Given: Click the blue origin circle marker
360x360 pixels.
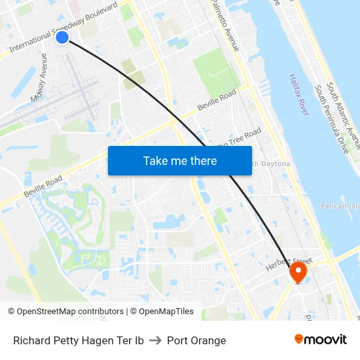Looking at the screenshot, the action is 62,37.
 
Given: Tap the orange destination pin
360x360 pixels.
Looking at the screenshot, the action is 298,271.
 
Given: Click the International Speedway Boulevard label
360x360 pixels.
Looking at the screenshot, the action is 63,27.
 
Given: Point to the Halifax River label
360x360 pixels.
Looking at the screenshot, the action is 298,95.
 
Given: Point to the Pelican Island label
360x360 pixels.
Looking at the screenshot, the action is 340,206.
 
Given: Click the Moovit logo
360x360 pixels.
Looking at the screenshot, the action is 320,340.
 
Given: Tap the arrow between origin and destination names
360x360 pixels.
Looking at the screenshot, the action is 155,340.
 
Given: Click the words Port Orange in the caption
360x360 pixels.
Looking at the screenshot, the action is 196,340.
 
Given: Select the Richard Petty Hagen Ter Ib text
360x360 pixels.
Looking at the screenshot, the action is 79,340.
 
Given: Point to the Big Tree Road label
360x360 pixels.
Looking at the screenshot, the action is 239,138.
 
